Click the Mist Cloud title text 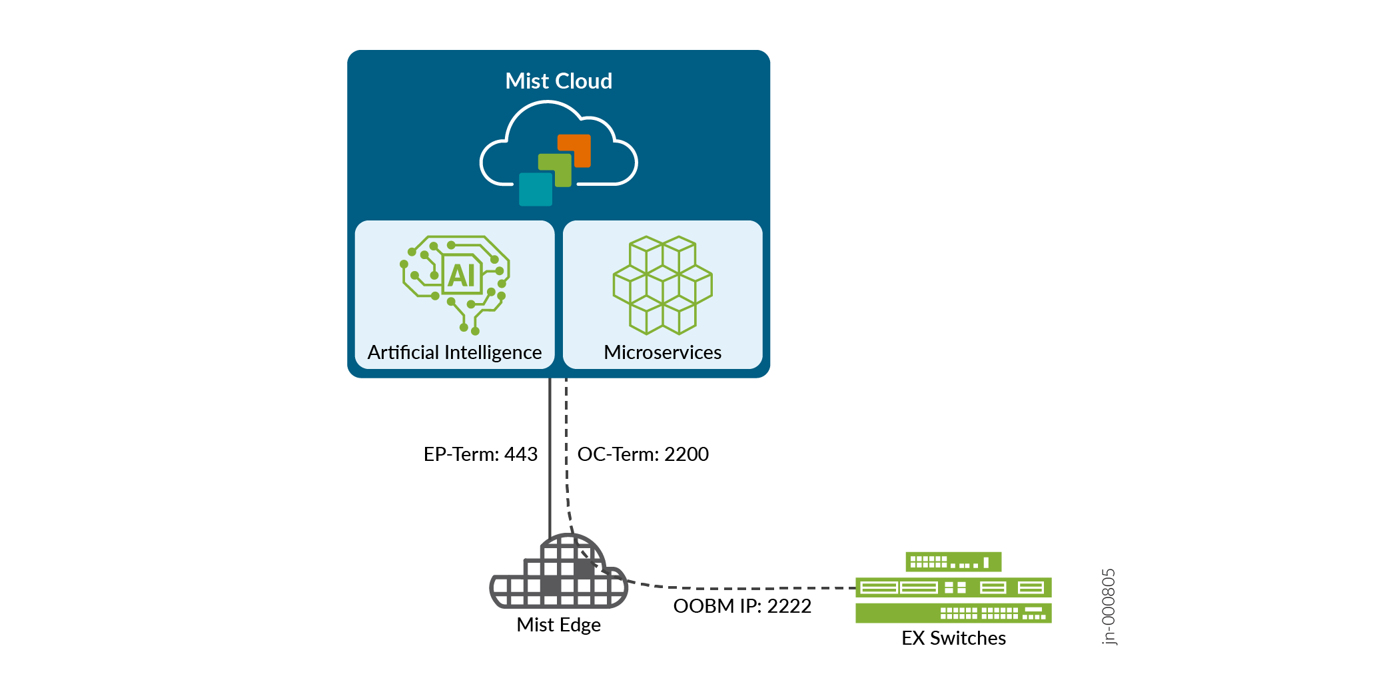click(x=558, y=81)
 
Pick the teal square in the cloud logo click(x=535, y=190)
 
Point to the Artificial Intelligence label click(x=454, y=352)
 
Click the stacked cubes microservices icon click(x=662, y=284)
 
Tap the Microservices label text click(x=662, y=352)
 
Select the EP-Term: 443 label click(x=480, y=454)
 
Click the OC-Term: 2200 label click(x=643, y=454)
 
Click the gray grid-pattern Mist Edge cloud click(x=558, y=577)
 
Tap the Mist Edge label click(x=558, y=625)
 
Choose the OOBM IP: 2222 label click(x=742, y=606)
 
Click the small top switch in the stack click(x=953, y=561)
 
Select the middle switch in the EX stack click(x=953, y=587)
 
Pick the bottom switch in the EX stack click(x=953, y=613)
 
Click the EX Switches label click(x=953, y=638)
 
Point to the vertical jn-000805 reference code click(x=1108, y=606)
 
